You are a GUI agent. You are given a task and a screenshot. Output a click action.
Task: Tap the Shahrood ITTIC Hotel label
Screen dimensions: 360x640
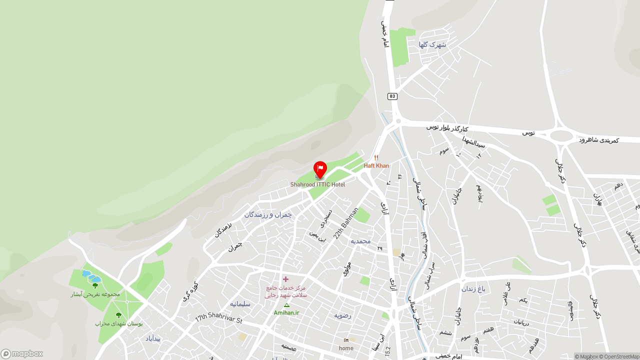tap(317, 184)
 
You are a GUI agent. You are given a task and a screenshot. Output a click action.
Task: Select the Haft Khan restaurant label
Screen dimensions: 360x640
tap(376, 166)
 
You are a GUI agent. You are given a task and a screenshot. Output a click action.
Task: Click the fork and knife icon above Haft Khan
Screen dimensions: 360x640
tap(376, 158)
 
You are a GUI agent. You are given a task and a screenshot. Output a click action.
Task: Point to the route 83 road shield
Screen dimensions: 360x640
tap(392, 96)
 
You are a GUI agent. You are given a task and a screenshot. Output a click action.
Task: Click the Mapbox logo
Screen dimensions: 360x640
tap(22, 353)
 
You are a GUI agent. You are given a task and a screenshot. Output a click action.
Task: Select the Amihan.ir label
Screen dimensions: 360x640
tap(286, 313)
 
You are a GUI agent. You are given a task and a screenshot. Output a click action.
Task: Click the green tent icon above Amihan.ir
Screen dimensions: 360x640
tap(286, 305)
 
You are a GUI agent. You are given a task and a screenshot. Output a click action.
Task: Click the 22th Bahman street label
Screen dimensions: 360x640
tap(346, 223)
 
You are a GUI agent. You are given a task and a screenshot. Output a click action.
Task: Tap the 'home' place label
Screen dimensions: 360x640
tap(346, 348)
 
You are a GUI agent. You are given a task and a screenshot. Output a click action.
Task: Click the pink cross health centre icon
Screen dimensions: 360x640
tap(285, 279)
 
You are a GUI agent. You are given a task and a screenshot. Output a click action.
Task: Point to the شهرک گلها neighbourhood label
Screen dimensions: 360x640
tap(432, 44)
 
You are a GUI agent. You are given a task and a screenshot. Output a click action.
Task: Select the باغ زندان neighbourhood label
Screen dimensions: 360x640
tap(473, 288)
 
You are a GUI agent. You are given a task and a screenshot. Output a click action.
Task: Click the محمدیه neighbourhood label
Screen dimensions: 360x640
tap(360, 241)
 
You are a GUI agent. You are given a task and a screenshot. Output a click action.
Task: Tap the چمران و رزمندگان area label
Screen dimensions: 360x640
tap(268, 214)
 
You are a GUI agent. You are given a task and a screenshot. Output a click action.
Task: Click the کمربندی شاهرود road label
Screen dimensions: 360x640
tap(598, 140)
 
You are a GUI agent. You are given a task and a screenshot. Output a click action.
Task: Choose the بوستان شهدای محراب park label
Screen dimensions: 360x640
tap(119, 323)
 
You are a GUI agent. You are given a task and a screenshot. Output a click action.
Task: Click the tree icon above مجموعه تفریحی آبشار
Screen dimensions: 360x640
tap(95, 285)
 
